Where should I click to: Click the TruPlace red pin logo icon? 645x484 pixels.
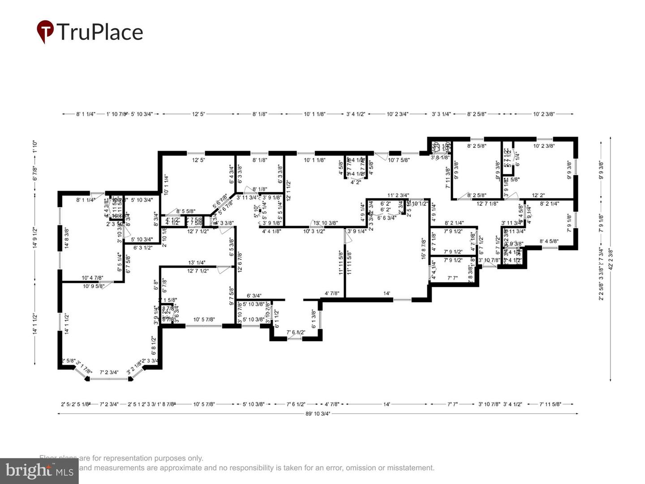[45, 31]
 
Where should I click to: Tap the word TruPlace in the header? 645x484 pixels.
[99, 32]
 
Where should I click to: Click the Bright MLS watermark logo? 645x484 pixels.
[39, 471]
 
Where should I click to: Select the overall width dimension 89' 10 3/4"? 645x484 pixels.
[318, 414]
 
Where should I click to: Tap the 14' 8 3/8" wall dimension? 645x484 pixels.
[67, 238]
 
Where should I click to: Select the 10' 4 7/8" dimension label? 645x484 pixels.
[92, 278]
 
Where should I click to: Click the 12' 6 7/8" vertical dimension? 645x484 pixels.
[240, 262]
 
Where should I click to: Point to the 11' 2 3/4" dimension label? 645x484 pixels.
[398, 195]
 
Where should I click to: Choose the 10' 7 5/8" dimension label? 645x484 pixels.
[399, 160]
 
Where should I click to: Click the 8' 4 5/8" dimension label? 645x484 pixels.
[549, 242]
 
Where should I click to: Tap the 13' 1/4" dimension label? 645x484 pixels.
[197, 263]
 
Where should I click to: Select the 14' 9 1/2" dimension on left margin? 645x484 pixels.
[35, 238]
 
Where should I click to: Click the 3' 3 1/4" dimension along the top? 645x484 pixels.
[441, 114]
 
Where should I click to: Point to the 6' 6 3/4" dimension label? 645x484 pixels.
[387, 218]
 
